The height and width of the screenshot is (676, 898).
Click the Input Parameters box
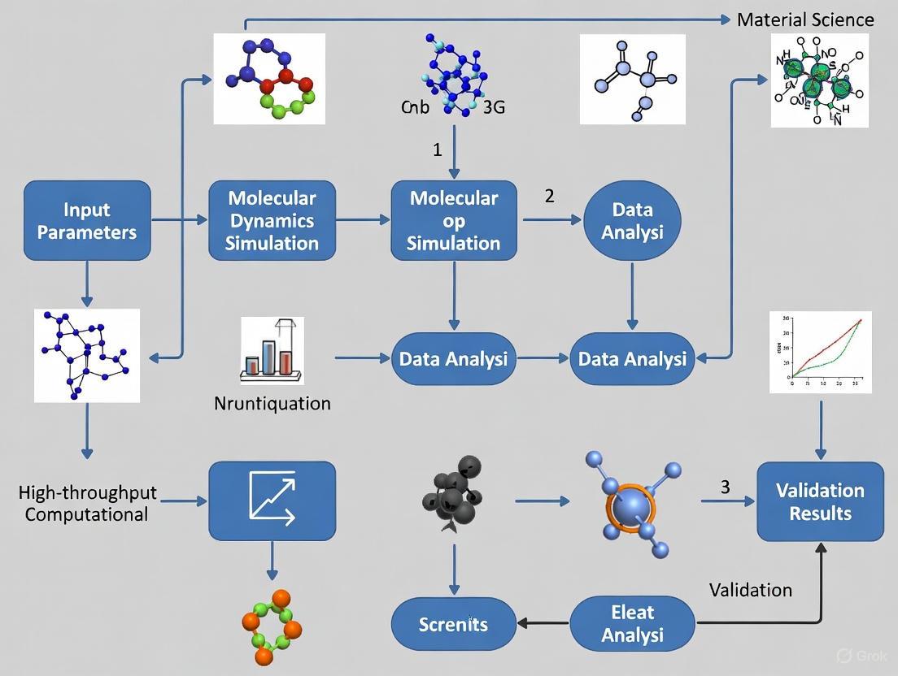click(x=87, y=220)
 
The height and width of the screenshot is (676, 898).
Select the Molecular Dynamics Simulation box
click(x=272, y=220)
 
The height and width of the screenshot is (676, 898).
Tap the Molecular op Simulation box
click(x=454, y=220)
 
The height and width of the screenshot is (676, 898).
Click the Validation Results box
click(x=820, y=501)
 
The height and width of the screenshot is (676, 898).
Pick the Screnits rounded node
click(x=454, y=624)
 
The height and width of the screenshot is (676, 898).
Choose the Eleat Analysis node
click(x=633, y=623)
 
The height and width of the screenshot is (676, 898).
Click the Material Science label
click(x=804, y=19)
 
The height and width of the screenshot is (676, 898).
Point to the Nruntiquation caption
click(x=272, y=403)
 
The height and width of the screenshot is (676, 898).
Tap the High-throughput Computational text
click(x=87, y=503)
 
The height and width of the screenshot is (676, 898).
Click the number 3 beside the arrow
click(x=725, y=487)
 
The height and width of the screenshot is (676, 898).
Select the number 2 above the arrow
click(x=549, y=196)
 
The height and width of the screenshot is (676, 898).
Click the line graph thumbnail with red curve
click(x=820, y=352)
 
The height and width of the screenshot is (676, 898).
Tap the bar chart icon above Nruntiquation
click(x=272, y=350)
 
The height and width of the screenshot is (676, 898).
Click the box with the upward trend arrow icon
click(x=272, y=500)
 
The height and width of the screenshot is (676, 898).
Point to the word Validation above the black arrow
click(x=750, y=589)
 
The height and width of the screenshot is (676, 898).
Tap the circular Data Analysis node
click(x=633, y=220)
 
